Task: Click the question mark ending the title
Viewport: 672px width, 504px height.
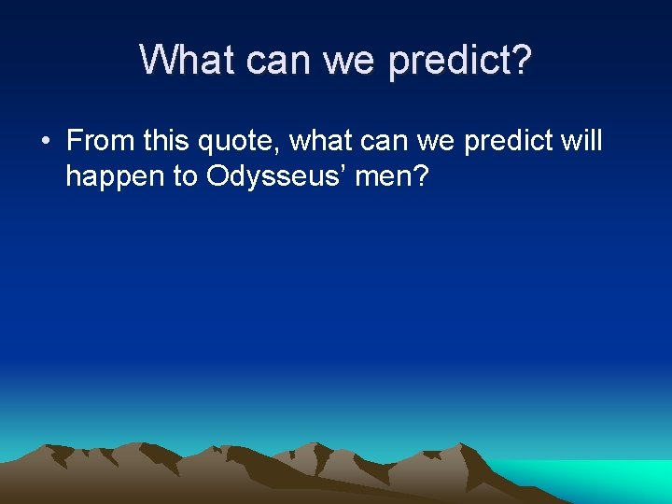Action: coord(522,60)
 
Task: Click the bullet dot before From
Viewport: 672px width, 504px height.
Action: coord(46,142)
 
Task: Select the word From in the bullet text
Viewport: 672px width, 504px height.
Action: coord(99,141)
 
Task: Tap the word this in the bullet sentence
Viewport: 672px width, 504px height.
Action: coord(165,141)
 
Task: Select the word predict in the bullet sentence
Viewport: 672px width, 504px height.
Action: coord(510,142)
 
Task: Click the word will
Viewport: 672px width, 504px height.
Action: coord(582,141)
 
